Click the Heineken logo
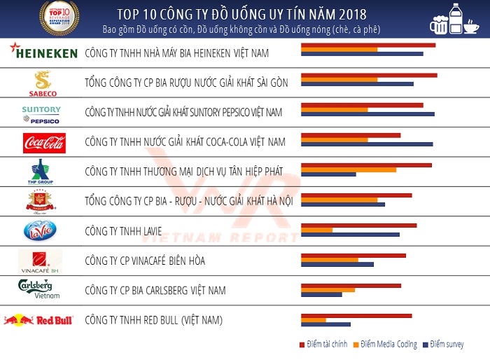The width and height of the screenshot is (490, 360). (x=43, y=53)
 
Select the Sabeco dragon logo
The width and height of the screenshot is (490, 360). (x=43, y=83)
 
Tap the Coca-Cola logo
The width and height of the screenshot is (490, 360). (x=43, y=142)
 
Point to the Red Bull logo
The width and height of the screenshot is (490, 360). (x=39, y=320)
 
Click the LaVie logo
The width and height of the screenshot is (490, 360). (x=38, y=230)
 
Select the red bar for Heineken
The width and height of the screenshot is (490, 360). (x=367, y=45)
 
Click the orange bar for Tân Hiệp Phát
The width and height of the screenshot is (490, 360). (x=348, y=169)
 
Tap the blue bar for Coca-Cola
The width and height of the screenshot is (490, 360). (x=366, y=144)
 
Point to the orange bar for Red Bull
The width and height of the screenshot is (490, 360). (x=313, y=320)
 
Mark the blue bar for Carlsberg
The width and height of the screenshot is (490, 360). (x=321, y=294)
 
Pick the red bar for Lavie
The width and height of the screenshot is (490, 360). (x=358, y=226)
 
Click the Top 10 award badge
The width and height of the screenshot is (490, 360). (x=59, y=18)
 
